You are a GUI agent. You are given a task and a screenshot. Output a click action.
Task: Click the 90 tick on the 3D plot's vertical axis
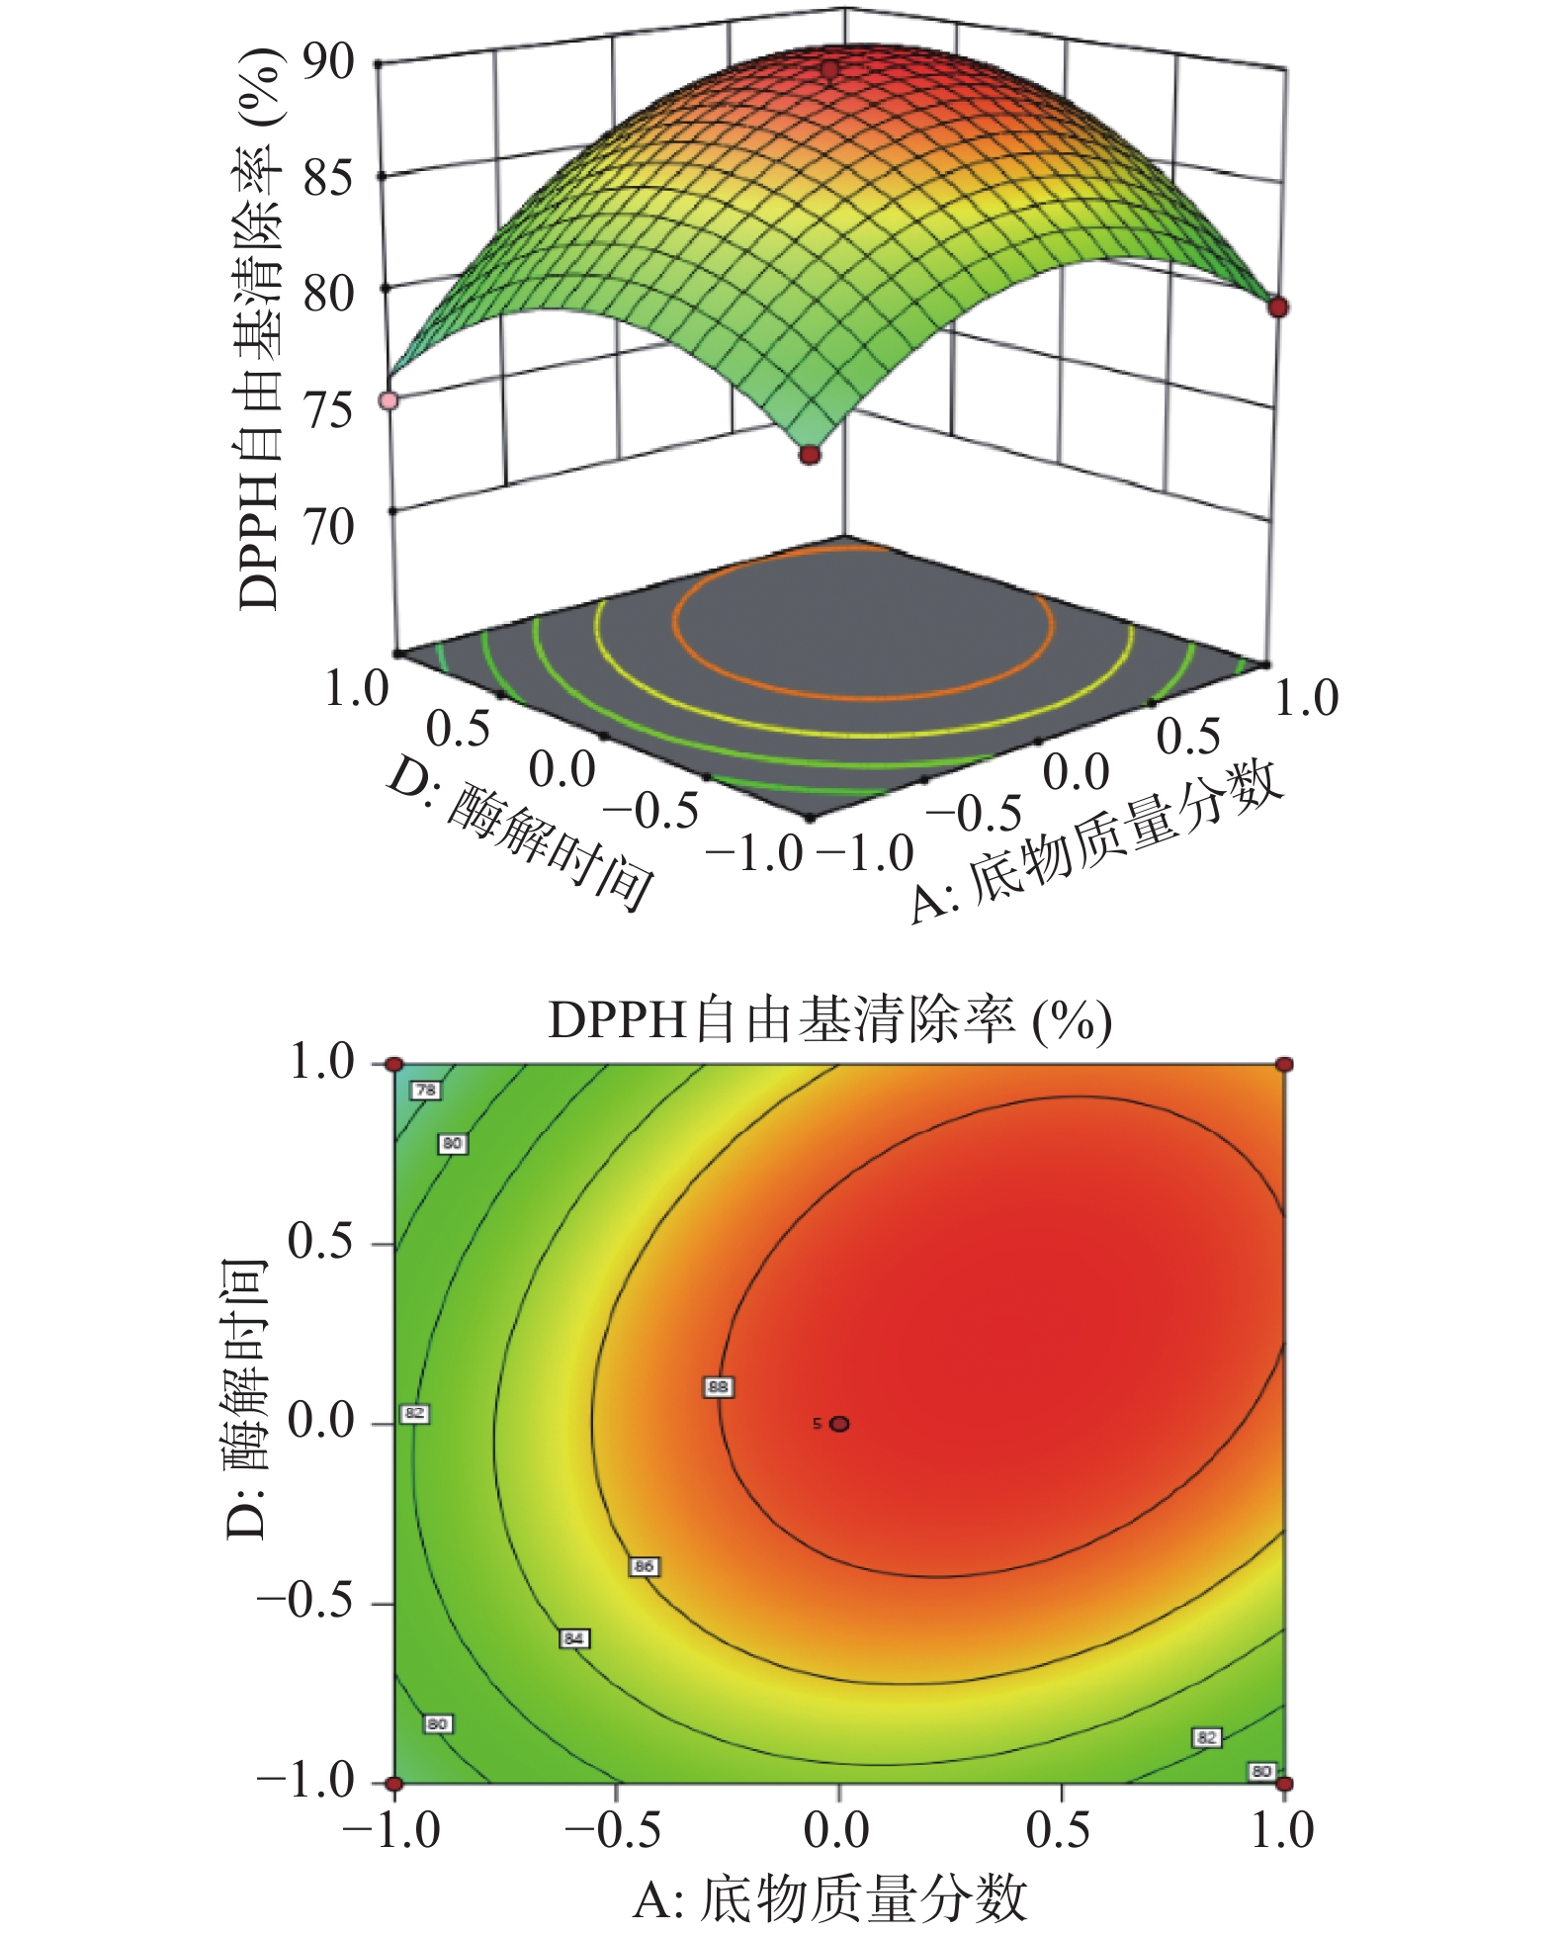coord(328,63)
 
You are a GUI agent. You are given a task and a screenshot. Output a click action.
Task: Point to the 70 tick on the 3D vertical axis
coord(329,527)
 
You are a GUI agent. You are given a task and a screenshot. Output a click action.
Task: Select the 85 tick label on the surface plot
coord(328,179)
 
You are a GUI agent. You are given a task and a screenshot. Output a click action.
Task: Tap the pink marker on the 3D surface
coord(389,400)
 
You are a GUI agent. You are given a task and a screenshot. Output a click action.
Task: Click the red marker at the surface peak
coord(829,69)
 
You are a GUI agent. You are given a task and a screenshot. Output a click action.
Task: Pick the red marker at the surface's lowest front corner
coord(810,455)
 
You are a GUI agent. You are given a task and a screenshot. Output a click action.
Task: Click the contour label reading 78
coord(425,1090)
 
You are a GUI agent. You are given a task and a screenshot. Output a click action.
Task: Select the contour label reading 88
coord(718,1387)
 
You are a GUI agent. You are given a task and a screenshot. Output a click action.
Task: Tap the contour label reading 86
coord(644,1566)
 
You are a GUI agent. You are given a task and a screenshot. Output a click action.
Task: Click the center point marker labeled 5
coord(839,1424)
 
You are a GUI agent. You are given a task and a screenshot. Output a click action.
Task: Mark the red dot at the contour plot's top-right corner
coord(1284,1065)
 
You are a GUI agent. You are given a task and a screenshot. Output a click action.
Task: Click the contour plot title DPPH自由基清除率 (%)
coord(829,1021)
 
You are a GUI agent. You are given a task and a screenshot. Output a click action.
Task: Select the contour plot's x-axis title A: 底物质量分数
coord(829,1897)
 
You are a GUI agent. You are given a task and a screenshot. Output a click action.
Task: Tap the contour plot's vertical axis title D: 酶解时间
coord(245,1399)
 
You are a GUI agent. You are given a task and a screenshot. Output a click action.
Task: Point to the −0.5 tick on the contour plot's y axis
coord(306,1602)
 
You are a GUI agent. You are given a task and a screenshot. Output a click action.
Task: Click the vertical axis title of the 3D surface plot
coord(259,326)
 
